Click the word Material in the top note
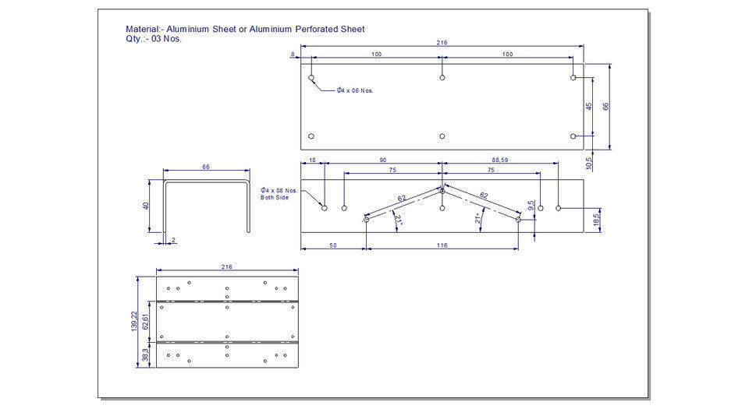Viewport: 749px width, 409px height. (x=143, y=30)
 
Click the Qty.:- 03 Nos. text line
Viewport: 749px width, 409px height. (x=154, y=39)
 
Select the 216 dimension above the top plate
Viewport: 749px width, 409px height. (x=442, y=43)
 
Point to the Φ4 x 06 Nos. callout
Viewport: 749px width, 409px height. (x=355, y=90)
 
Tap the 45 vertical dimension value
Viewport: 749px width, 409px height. (x=590, y=106)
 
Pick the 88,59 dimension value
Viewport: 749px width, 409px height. (x=499, y=160)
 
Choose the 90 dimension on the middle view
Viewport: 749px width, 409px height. (x=382, y=160)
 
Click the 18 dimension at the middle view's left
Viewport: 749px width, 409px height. (x=313, y=160)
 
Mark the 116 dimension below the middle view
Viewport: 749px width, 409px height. (x=442, y=245)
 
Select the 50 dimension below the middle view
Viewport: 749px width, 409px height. (x=333, y=245)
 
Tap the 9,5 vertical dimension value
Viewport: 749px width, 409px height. (x=532, y=206)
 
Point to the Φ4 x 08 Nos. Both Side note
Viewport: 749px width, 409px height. (x=279, y=194)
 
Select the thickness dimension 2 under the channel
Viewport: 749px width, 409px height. (x=173, y=240)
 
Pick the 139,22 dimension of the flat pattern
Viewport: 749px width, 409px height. (x=135, y=321)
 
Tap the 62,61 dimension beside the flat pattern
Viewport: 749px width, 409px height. (x=146, y=321)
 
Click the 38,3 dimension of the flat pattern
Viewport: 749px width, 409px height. (x=146, y=354)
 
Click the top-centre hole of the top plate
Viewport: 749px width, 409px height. (x=442, y=78)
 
